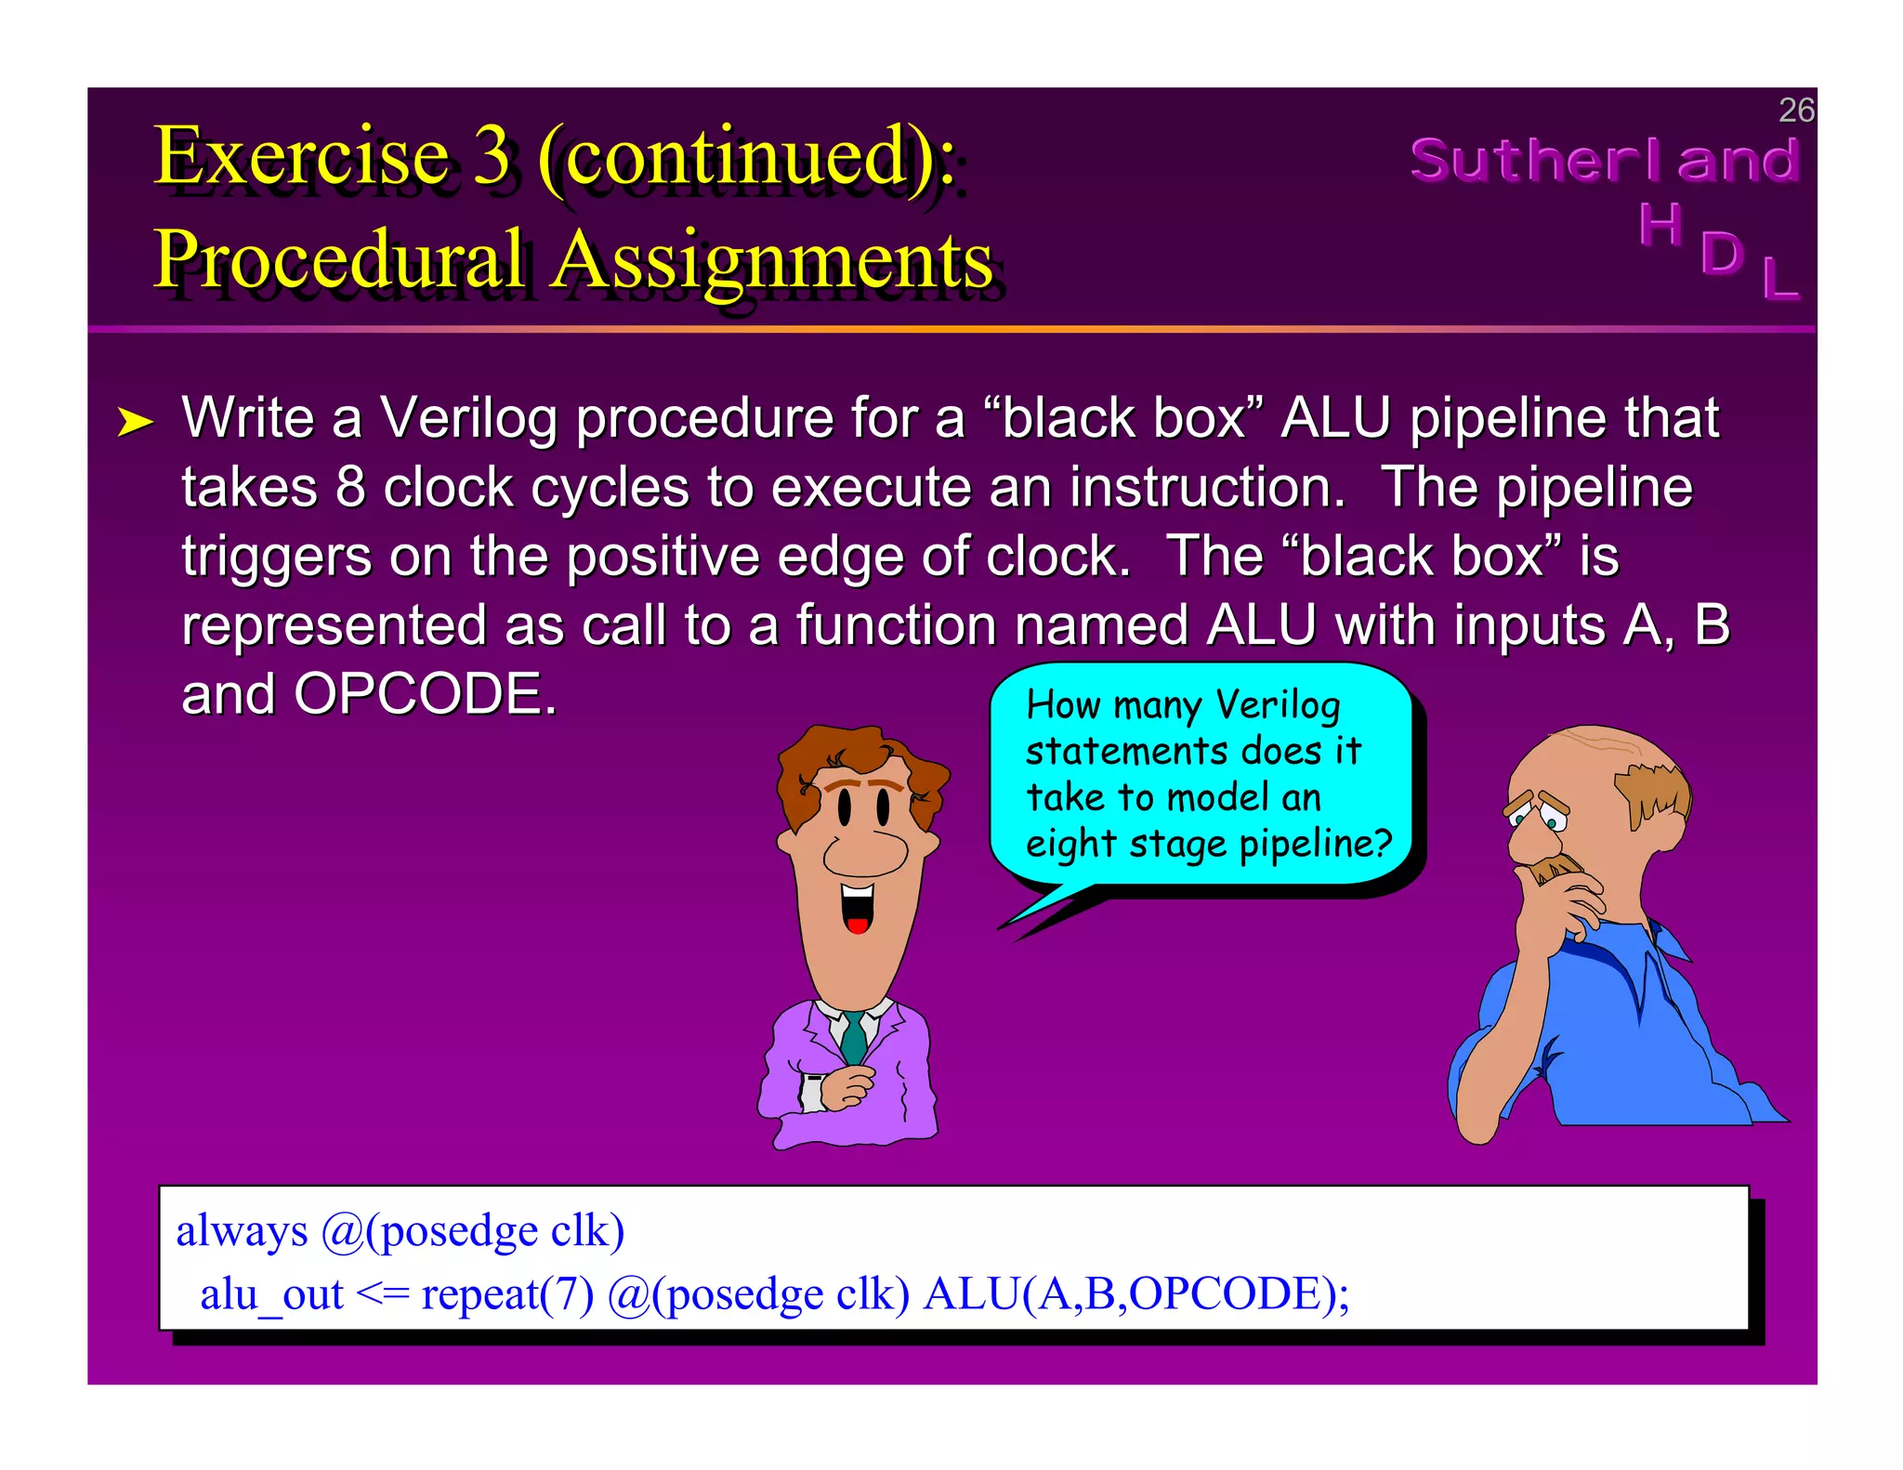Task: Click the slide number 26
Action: click(x=1795, y=111)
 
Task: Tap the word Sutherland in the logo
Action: click(x=1605, y=160)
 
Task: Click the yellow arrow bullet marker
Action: click(x=135, y=423)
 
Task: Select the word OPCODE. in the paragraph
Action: click(x=426, y=694)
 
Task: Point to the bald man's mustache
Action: click(x=1555, y=871)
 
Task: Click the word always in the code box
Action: click(x=242, y=1231)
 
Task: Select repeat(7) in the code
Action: click(x=507, y=1294)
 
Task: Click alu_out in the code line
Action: click(x=271, y=1294)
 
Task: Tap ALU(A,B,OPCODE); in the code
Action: click(x=1136, y=1294)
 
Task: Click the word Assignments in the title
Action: click(x=772, y=260)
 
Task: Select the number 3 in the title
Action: click(x=492, y=155)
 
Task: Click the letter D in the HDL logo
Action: click(x=1722, y=254)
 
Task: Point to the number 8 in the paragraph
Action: click(x=350, y=488)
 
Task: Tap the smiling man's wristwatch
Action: click(x=814, y=1093)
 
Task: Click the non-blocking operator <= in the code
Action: click(x=382, y=1294)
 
